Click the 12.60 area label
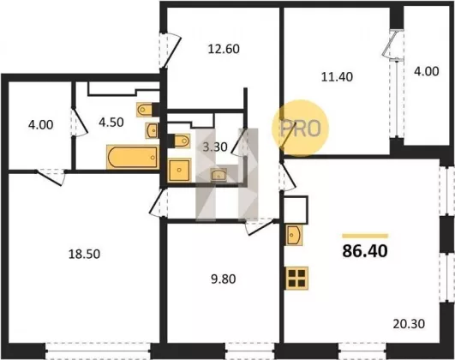[224, 49]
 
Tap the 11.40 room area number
[337, 77]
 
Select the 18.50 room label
[84, 254]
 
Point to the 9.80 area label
[223, 279]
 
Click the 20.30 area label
[409, 324]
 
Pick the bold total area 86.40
[365, 251]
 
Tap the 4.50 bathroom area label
[111, 123]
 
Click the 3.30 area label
[215, 147]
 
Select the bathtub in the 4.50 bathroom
[133, 157]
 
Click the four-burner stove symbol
[296, 279]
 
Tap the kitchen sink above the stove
[294, 235]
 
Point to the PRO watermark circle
[301, 129]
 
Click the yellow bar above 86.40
[365, 236]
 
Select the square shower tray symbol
[179, 170]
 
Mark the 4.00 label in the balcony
[426, 71]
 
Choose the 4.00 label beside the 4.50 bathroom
[40, 125]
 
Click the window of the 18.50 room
[98, 351]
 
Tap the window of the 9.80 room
[250, 351]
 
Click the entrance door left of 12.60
[171, 50]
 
